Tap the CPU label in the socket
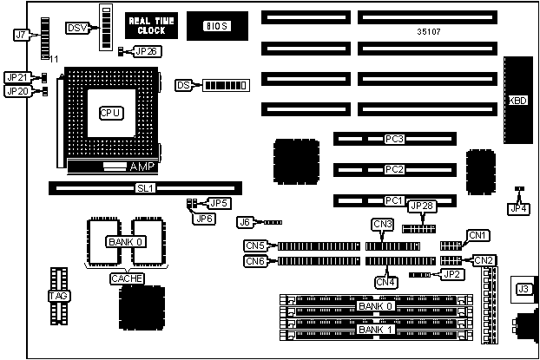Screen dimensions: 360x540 pyautogui.click(x=110, y=113)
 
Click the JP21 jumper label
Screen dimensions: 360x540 pyautogui.click(x=16, y=77)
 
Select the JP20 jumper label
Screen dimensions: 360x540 pyautogui.click(x=16, y=91)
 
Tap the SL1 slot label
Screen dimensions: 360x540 pyautogui.click(x=145, y=187)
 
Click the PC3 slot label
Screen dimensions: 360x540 pyautogui.click(x=396, y=139)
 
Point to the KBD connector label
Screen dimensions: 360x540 pyautogui.click(x=517, y=100)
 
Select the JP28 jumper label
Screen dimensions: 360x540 pyautogui.click(x=421, y=206)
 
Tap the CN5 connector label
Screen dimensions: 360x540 pyautogui.click(x=255, y=246)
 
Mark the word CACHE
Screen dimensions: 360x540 pyautogui.click(x=126, y=278)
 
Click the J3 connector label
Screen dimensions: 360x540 pyautogui.click(x=524, y=289)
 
